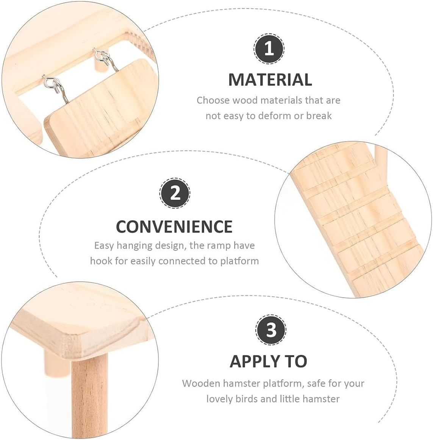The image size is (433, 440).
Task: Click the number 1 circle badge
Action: click(x=269, y=49)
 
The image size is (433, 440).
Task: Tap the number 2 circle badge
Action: click(x=175, y=194)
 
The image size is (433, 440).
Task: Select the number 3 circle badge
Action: click(x=271, y=330)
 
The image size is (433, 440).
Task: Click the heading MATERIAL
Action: click(x=270, y=80)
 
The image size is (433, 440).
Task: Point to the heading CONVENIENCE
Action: click(x=174, y=226)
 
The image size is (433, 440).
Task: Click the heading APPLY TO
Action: click(x=268, y=361)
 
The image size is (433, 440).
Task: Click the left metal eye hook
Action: click(x=52, y=81)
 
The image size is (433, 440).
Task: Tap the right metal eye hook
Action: click(x=101, y=58)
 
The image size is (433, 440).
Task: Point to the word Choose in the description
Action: click(x=213, y=100)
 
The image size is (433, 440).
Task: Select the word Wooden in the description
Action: click(x=201, y=383)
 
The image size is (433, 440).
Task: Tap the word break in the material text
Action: click(x=319, y=116)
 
